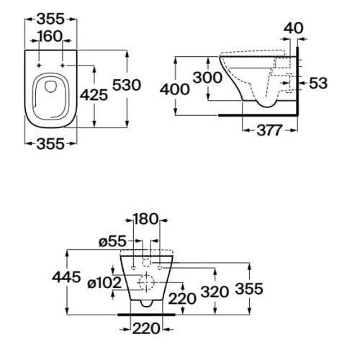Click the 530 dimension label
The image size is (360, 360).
tap(127, 85)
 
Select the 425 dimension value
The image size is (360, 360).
tap(94, 95)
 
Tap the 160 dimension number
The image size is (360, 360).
tap(50, 37)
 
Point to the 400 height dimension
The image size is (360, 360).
tap(175, 89)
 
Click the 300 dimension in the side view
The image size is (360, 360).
tap(207, 78)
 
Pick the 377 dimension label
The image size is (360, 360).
tap(269, 130)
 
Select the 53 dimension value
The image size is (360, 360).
tap(318, 83)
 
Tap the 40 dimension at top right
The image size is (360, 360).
tap(293, 28)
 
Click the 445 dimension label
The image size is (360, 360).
tap(66, 277)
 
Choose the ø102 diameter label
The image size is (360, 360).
tap(104, 282)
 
